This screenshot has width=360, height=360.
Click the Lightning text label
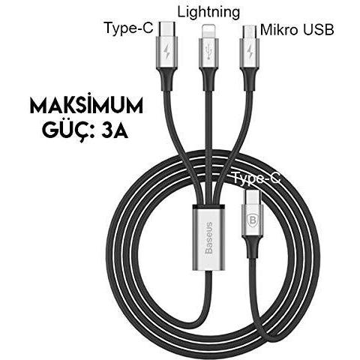click(x=208, y=12)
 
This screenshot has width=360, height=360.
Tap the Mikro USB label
click(x=297, y=30)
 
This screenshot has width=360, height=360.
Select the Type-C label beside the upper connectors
click(x=129, y=28)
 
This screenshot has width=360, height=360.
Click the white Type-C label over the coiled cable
click(x=256, y=178)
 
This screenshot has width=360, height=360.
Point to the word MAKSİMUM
click(x=86, y=106)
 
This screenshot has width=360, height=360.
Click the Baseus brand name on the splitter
click(x=208, y=238)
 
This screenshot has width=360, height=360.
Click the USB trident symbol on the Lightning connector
click(x=208, y=52)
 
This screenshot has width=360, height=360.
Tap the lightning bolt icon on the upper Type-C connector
click(x=166, y=51)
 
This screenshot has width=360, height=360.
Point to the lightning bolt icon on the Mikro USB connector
click(x=250, y=52)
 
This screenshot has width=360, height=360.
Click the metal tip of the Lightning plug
click(x=208, y=31)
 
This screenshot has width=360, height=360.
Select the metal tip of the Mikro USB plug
click(x=250, y=31)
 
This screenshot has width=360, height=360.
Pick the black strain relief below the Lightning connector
click(x=208, y=79)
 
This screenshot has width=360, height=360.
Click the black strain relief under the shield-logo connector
click(x=253, y=247)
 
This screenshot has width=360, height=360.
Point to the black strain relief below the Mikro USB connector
click(x=250, y=79)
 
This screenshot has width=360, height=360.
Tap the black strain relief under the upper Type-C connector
click(x=166, y=80)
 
